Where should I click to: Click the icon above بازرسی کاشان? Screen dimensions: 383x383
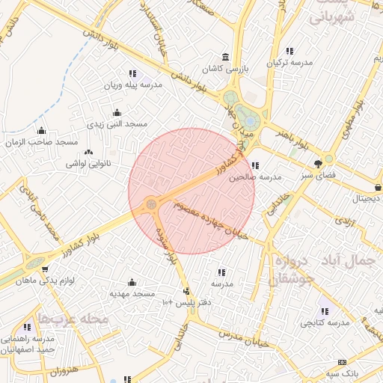pos(226,58)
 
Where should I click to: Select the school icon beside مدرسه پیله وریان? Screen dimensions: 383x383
pos(132,73)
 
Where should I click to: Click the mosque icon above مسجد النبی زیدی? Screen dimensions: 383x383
pos(117,112)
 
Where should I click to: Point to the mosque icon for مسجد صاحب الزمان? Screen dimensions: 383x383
pos(41,131)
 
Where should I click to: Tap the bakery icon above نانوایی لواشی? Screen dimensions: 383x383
pos(89,152)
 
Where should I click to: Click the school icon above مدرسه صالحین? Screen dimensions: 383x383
pos(255,166)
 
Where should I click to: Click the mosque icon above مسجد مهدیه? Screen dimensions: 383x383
pos(132,282)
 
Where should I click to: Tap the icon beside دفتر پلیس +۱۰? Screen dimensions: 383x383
pos(186,291)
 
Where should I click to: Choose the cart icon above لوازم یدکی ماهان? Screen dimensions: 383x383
pos(46,269)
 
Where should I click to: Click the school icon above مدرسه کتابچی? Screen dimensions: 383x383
pos(323,311)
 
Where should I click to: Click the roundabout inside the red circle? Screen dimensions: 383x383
pos(151,203)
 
